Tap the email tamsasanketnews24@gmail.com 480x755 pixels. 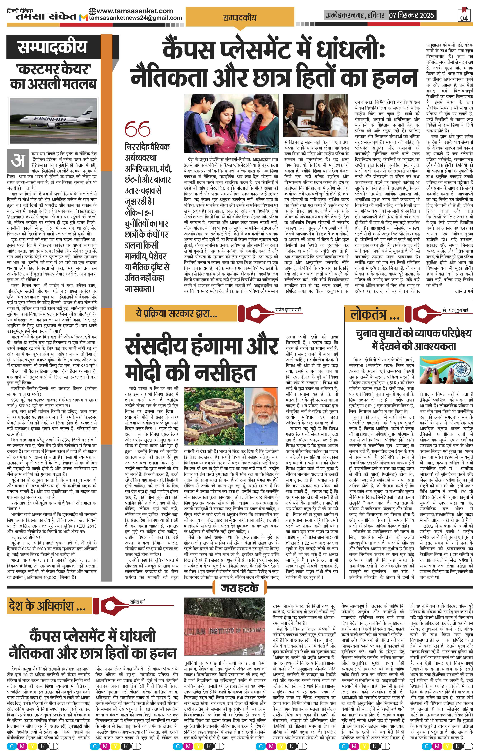click(x=136, y=18)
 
